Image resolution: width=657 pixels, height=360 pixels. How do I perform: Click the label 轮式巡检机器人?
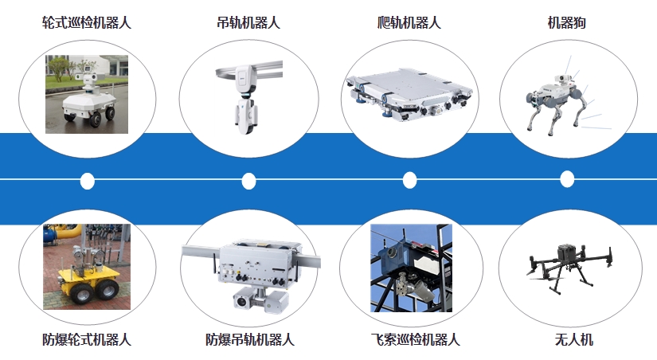pos(87,22)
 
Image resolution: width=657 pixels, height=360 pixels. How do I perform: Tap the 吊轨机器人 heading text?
pos(248,22)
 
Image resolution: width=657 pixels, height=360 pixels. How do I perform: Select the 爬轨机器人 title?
pos(409,22)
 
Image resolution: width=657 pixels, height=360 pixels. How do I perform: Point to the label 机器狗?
pos(566,22)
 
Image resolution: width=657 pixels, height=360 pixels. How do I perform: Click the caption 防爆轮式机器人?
pos(87,339)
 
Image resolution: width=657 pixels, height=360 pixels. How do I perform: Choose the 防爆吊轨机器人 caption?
pos(250,339)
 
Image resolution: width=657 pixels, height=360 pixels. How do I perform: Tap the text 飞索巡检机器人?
pos(415,339)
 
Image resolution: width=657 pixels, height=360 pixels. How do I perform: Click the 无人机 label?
pos(574,339)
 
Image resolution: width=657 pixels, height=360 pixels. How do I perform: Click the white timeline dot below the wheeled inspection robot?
pos(87,181)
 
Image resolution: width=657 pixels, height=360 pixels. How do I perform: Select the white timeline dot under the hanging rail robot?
pos(249,181)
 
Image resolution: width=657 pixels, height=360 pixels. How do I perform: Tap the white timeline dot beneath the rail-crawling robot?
pos(410,180)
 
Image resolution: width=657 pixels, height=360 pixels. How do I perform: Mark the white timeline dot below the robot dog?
pos(567,179)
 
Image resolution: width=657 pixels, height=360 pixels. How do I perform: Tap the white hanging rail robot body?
pos(246,99)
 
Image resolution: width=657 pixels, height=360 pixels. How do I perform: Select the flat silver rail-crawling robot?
pos(409,94)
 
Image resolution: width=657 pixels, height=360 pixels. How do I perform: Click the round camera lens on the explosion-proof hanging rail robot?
pos(241,301)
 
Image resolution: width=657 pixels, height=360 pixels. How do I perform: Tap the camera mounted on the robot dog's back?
pos(562,79)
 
